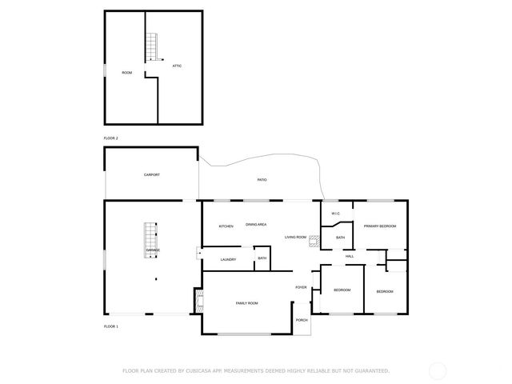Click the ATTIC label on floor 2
pyautogui.click(x=177, y=66)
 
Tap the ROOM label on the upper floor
pyautogui.click(x=126, y=73)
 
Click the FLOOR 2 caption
pyautogui.click(x=111, y=138)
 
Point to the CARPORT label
pyautogui.click(x=152, y=174)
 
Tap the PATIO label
pyautogui.click(x=262, y=180)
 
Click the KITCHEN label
pyautogui.click(x=226, y=226)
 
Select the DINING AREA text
pyautogui.click(x=256, y=225)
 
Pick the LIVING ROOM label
pyautogui.click(x=297, y=237)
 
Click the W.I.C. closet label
pyautogui.click(x=336, y=214)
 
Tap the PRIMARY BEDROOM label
pyautogui.click(x=380, y=226)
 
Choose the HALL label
pyautogui.click(x=350, y=256)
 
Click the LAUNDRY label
pyautogui.click(x=228, y=259)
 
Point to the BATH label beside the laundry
pyautogui.click(x=262, y=258)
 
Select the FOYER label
pyautogui.click(x=301, y=287)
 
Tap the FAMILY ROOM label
pyautogui.click(x=246, y=303)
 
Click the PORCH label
pyautogui.click(x=302, y=320)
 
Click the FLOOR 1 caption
pyautogui.click(x=111, y=326)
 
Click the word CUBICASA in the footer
pyautogui.click(x=200, y=370)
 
